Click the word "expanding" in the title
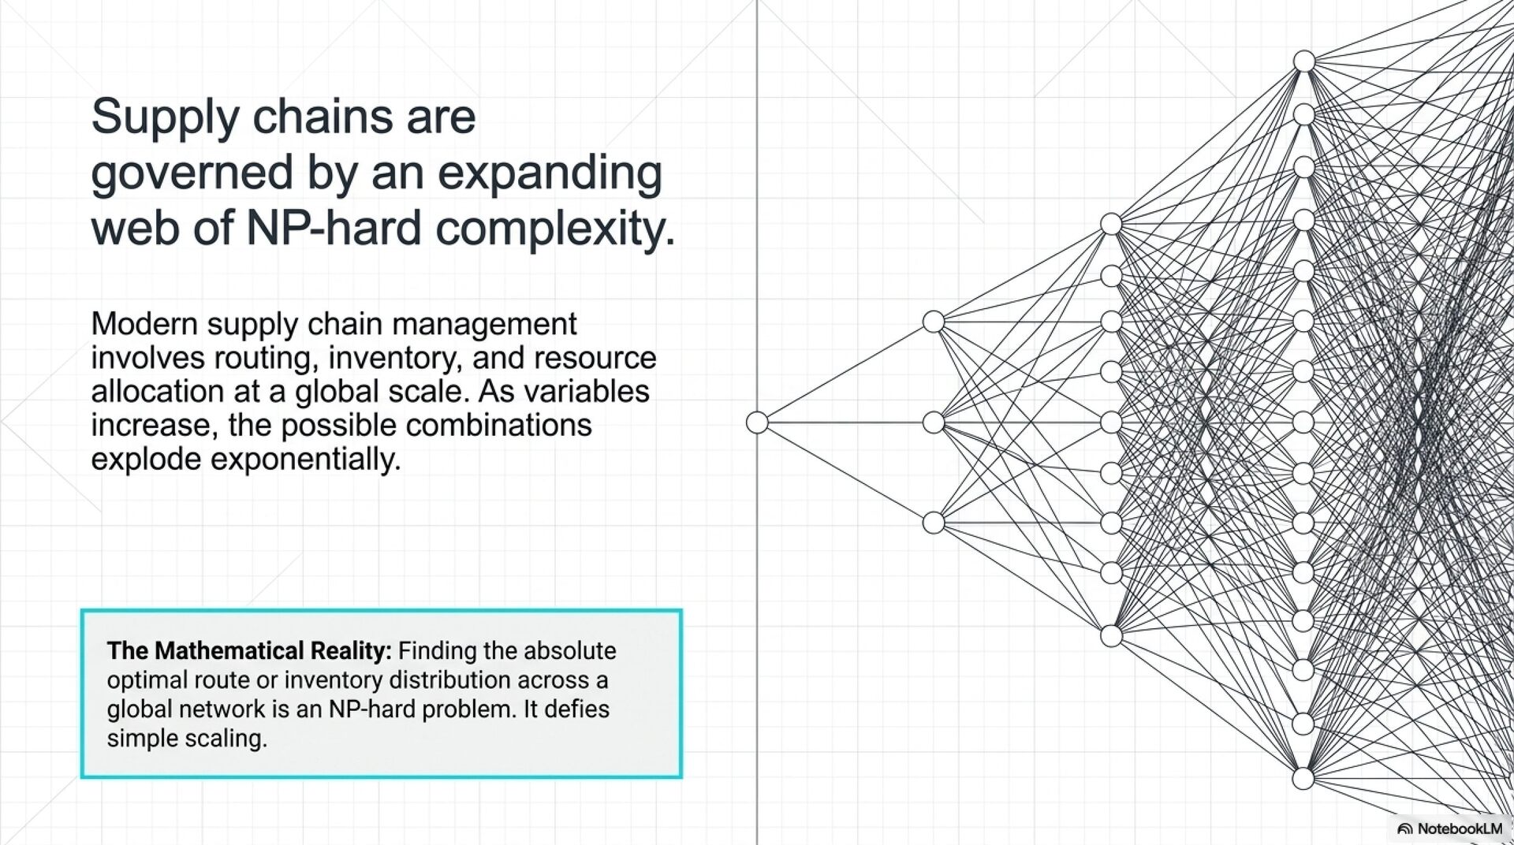click(x=549, y=173)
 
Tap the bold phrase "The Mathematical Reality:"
click(x=248, y=651)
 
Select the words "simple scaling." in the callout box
click(x=187, y=739)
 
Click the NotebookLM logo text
click(x=1459, y=828)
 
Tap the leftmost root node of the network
click(x=757, y=422)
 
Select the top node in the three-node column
click(x=934, y=322)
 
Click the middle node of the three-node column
click(x=934, y=422)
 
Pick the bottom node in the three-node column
click(x=934, y=523)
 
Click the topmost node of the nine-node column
click(x=1111, y=224)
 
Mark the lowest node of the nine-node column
click(x=1111, y=635)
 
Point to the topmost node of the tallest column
click(x=1304, y=61)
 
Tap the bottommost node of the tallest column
click(x=1303, y=779)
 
